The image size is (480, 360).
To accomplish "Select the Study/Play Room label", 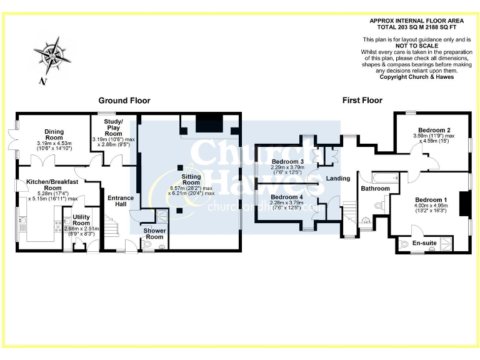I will coord(113,127).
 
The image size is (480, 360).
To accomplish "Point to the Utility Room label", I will coord(81,219).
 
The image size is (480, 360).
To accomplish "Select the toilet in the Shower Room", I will coord(162,246).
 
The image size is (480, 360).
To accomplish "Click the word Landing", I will coord(338,179).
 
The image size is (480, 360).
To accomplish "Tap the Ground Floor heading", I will coord(124,101).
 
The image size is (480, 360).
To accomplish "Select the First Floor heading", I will coord(362,101).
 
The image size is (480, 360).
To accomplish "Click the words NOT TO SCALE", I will coord(417,46).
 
